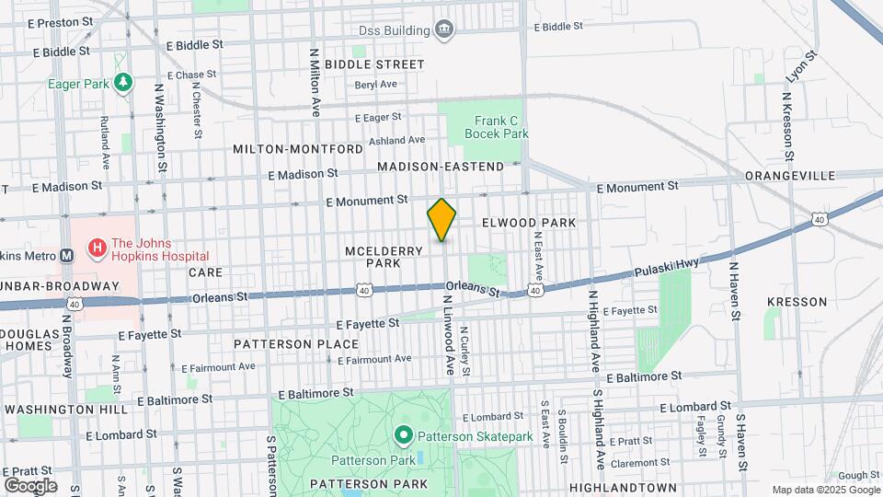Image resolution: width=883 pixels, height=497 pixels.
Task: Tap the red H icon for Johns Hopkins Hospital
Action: pyautogui.click(x=95, y=248)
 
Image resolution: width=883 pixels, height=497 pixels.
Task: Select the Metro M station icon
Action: pyautogui.click(x=66, y=256)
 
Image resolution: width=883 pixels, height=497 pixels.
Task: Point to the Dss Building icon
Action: pyautogui.click(x=444, y=29)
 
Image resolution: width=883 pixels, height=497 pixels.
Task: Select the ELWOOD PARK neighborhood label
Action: pyautogui.click(x=529, y=223)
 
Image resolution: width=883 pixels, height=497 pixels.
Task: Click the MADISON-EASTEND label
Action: pyautogui.click(x=441, y=167)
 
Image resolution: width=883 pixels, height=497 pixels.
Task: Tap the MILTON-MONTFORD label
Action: pyautogui.click(x=298, y=149)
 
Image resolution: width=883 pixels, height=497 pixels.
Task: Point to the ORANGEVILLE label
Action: pyautogui.click(x=790, y=175)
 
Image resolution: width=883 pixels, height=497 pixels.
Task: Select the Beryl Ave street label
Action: pyautogui.click(x=376, y=85)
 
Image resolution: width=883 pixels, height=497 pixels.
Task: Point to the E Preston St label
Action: pyautogui.click(x=51, y=19)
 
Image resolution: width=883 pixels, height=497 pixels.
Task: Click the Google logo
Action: pyautogui.click(x=30, y=485)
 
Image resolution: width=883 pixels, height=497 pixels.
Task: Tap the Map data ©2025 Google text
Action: pyautogui.click(x=824, y=490)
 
